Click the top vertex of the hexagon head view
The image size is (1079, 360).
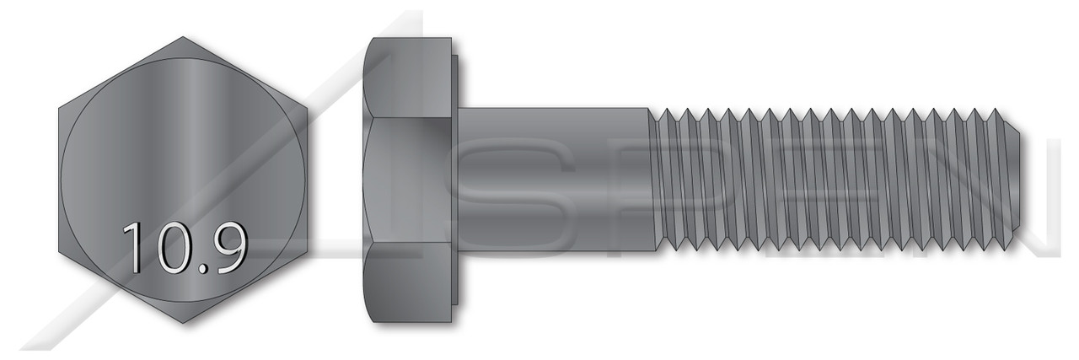(183, 37)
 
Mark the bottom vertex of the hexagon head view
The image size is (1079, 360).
(183, 323)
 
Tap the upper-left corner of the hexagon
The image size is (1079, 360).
(59, 109)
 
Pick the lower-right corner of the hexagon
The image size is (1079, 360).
(307, 251)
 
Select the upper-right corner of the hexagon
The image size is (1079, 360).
(307, 109)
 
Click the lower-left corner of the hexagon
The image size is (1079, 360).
(59, 251)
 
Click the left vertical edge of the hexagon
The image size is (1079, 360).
(59, 180)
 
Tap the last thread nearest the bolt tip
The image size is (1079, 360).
(995, 180)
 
